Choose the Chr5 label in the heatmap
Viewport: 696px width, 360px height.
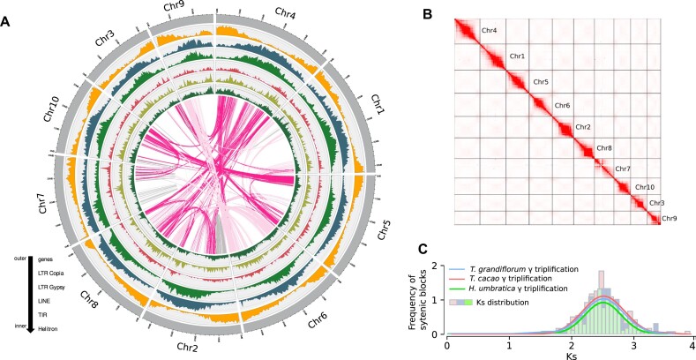click(540, 82)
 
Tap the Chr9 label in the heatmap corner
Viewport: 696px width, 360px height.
click(670, 218)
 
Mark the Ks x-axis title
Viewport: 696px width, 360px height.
click(569, 354)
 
